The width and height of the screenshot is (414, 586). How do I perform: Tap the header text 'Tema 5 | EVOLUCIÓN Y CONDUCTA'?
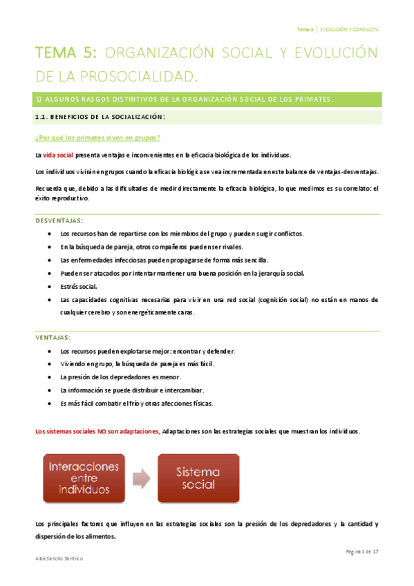coord(337,30)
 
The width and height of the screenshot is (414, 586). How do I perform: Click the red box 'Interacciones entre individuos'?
coord(84,478)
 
